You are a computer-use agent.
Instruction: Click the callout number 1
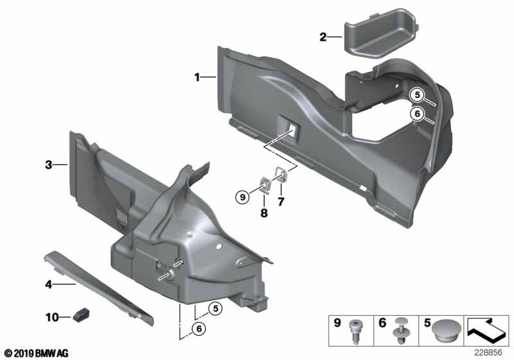point(199,78)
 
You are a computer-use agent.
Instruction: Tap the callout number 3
point(48,165)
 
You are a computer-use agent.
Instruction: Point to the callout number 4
point(48,282)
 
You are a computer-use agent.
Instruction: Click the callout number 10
point(51,316)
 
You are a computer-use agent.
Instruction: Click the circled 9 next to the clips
point(242,197)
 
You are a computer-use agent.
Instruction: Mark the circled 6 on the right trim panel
point(416,114)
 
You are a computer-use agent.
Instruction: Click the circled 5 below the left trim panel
point(216,309)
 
